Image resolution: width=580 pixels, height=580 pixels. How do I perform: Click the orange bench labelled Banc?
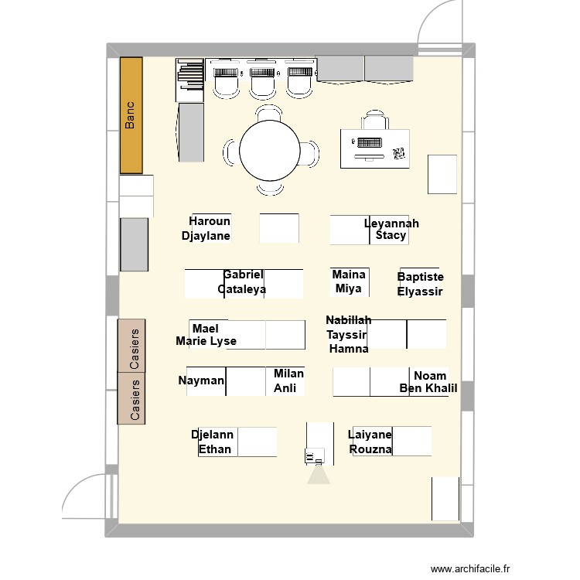[x=131, y=114]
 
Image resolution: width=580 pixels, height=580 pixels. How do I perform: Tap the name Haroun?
[x=210, y=221]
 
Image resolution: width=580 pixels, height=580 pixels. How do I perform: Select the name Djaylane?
[x=206, y=236]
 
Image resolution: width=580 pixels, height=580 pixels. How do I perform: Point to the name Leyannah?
[x=391, y=223]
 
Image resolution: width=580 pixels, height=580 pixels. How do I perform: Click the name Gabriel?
[x=243, y=275]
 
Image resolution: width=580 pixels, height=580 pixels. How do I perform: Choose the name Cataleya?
[x=242, y=289]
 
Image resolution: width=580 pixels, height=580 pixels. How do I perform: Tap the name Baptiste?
[x=421, y=277]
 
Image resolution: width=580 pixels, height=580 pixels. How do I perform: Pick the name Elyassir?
[x=420, y=292]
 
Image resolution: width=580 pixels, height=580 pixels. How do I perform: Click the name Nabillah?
[x=349, y=320]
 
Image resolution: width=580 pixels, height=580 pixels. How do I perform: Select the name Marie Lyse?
[x=206, y=341]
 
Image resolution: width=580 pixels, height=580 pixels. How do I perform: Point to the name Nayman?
[x=201, y=380]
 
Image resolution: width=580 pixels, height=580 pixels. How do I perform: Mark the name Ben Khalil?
[x=428, y=389]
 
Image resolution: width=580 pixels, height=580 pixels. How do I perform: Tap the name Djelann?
[x=213, y=435]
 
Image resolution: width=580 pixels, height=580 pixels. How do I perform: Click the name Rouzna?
[x=370, y=449]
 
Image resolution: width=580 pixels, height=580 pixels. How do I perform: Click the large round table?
[x=270, y=152]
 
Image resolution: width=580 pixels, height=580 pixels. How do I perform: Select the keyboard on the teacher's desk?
[x=368, y=143]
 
